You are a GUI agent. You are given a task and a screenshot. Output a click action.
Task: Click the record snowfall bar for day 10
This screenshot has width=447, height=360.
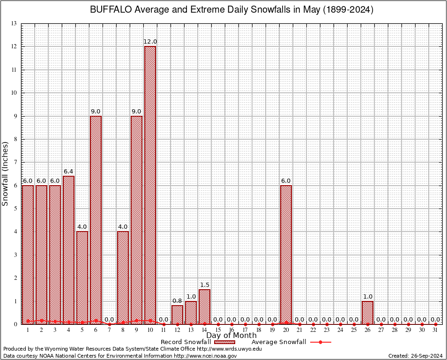150,185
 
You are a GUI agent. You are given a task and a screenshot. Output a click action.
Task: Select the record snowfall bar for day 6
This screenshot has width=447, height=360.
96,220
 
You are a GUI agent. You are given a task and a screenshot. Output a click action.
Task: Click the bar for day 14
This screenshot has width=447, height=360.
204,307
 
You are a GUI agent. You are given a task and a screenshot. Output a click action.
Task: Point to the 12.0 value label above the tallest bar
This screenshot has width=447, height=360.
150,42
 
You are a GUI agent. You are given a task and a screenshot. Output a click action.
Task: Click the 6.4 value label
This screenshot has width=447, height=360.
68,172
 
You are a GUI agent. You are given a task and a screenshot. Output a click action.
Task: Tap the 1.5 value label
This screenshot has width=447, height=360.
204,285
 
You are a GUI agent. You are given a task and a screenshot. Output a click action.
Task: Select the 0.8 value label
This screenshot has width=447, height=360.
177,301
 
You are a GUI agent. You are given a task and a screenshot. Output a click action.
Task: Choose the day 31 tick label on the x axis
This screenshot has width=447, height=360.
435,330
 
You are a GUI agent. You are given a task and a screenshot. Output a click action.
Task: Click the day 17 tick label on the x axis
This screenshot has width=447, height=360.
245,330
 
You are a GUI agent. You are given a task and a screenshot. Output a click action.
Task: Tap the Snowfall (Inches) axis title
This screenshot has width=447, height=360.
6,173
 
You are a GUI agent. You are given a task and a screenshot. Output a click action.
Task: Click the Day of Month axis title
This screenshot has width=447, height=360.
231,336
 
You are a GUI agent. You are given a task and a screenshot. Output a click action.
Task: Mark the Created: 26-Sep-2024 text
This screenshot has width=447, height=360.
415,356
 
